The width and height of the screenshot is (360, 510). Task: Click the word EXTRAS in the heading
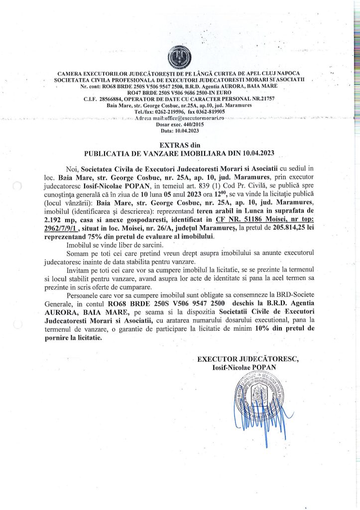pyautogui.click(x=167, y=144)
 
